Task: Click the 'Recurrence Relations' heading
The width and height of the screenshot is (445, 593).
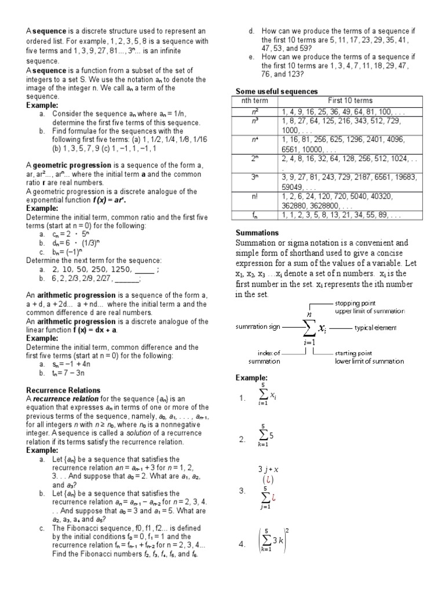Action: pyautogui.click(x=64, y=390)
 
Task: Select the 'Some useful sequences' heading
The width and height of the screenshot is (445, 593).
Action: pyautogui.click(x=277, y=91)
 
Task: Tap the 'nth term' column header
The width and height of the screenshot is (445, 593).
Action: pyautogui.click(x=254, y=101)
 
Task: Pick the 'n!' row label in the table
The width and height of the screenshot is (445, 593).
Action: pyautogui.click(x=254, y=196)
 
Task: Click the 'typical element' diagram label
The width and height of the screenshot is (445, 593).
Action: pyautogui.click(x=375, y=328)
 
